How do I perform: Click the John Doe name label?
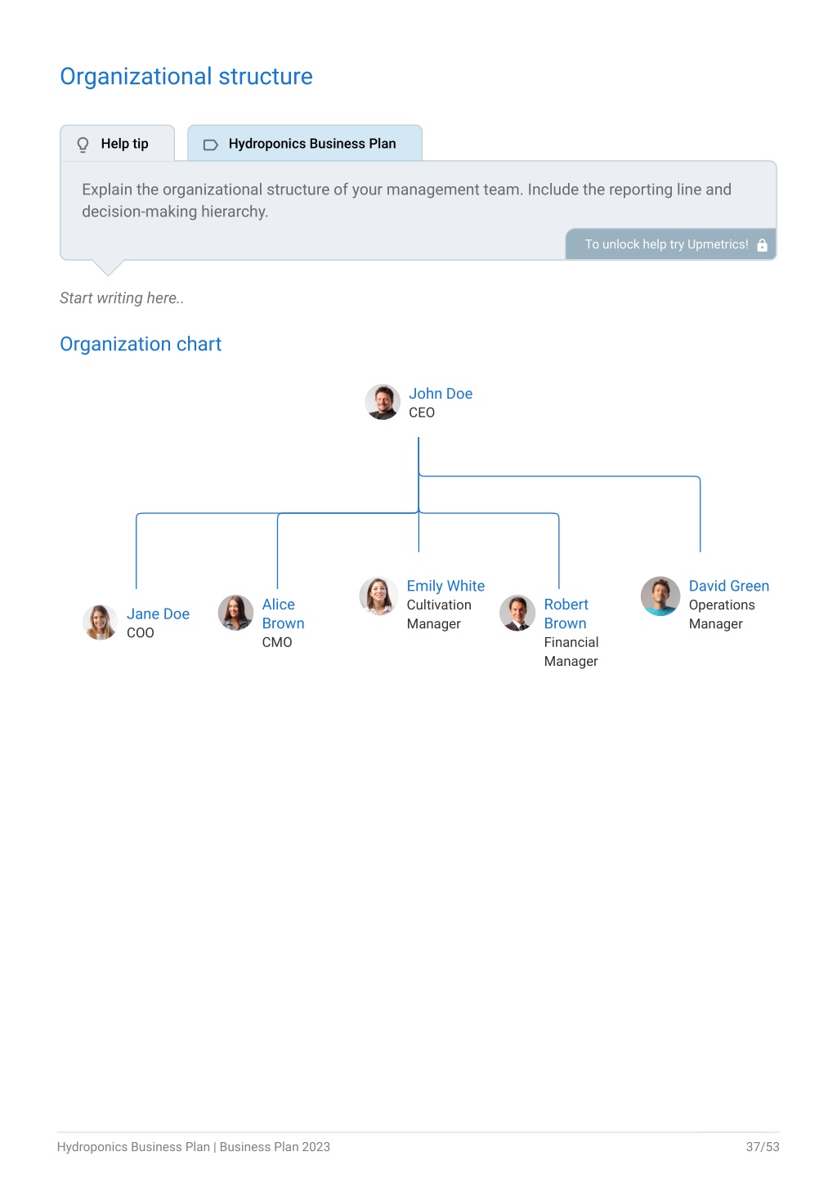point(441,394)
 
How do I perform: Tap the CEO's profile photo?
point(383,402)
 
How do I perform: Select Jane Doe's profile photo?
point(100,622)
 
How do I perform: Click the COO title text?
point(140,632)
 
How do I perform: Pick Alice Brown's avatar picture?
point(235,614)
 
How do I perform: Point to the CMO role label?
point(277,642)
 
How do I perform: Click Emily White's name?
point(445,586)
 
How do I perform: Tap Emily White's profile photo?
point(378,596)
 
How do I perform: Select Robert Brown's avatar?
point(517,614)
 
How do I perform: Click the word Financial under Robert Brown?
point(571,642)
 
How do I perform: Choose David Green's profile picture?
point(660,596)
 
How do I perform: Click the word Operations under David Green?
point(721,605)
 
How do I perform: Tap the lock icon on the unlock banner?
point(762,244)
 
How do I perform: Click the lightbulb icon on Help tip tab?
point(83,144)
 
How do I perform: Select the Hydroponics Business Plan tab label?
point(311,144)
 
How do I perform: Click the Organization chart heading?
point(141,344)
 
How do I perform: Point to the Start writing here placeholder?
point(122,298)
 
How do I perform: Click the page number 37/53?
point(763,1146)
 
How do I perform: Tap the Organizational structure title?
point(186,77)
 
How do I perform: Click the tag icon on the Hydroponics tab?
point(211,145)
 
